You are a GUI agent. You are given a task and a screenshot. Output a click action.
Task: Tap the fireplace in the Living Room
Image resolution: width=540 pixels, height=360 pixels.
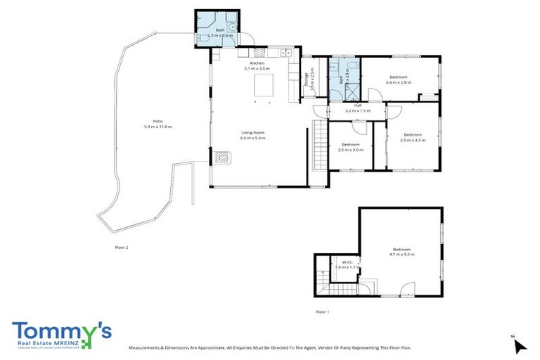pyautogui.click(x=224, y=158)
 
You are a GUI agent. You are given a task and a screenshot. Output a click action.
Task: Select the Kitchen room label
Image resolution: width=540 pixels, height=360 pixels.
pyautogui.click(x=257, y=63)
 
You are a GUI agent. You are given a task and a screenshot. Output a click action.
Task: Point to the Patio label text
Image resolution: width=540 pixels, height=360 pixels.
pyautogui.click(x=148, y=121)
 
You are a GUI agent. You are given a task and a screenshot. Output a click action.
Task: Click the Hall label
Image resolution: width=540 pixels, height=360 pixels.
pyautogui.click(x=357, y=105)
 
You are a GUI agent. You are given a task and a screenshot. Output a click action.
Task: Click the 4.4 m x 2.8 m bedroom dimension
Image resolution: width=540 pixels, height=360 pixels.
pyautogui.click(x=398, y=82)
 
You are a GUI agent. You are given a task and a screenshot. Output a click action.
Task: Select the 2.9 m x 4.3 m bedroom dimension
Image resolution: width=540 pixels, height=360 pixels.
pyautogui.click(x=412, y=140)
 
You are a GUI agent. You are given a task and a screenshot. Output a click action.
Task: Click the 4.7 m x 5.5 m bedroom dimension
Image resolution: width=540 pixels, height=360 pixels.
pyautogui.click(x=401, y=255)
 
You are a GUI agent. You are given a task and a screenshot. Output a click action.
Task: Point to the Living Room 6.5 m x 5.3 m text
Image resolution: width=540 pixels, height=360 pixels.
pyautogui.click(x=252, y=138)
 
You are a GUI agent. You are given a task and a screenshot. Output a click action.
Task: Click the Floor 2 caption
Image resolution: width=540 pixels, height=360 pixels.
pyautogui.click(x=122, y=247)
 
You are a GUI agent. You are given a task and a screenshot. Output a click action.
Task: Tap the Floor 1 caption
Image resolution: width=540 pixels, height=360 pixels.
pyautogui.click(x=322, y=311)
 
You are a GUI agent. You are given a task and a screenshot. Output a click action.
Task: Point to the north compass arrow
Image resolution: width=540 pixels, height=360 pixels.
pyautogui.click(x=520, y=345)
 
